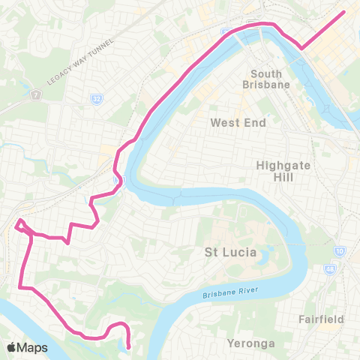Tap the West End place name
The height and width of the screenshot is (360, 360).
click(238, 122)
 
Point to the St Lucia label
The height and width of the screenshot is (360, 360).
click(230, 253)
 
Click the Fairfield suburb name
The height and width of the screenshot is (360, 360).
click(320, 319)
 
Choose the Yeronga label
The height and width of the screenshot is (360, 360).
click(250, 343)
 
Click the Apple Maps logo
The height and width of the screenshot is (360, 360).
click(27, 347)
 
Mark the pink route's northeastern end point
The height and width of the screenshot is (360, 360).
click(343, 11)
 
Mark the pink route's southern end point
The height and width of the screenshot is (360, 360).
click(128, 346)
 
